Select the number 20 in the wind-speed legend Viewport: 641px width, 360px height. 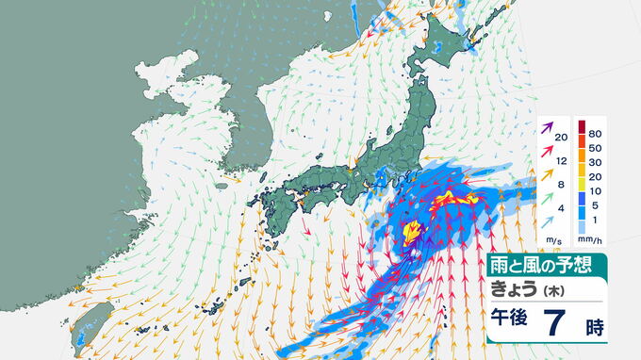click(x=561, y=138)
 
